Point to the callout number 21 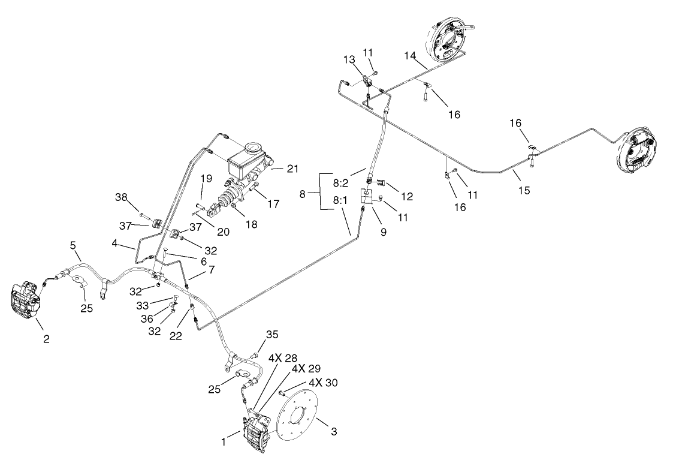[292, 169]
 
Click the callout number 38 [121, 198]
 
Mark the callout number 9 [383, 231]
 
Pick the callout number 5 [73, 245]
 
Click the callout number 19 [206, 178]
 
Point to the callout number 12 [408, 196]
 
